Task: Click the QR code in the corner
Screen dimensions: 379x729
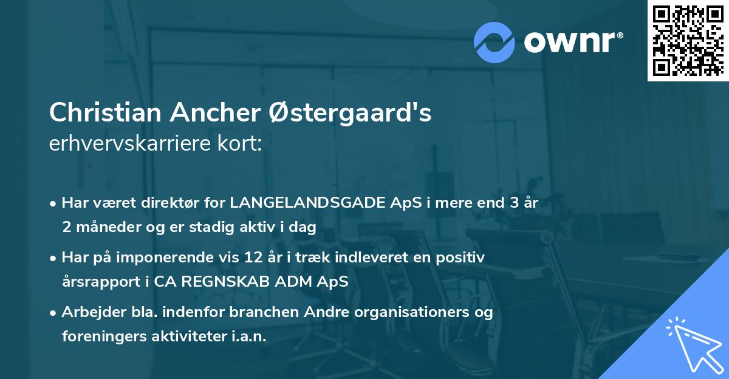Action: point(688,41)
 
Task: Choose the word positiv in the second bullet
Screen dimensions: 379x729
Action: point(464,258)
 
